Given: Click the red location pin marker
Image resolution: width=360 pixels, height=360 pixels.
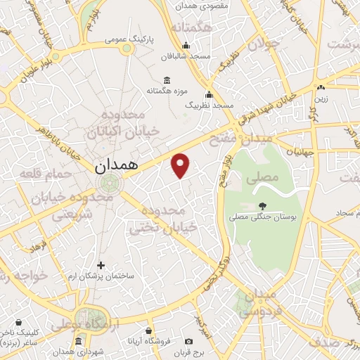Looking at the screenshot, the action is click(x=181, y=165).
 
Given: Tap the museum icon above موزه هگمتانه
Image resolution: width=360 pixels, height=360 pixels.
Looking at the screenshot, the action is click(x=166, y=79).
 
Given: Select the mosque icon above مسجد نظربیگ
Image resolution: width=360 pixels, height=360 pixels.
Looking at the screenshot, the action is click(x=209, y=94).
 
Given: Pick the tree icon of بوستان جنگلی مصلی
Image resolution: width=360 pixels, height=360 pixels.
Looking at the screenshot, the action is click(x=262, y=206).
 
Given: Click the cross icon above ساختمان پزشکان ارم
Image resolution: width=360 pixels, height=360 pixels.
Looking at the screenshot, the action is click(x=101, y=265).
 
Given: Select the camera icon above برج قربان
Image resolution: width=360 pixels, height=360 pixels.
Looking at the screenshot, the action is click(x=188, y=341).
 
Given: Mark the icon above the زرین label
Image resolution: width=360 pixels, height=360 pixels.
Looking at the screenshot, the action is click(x=321, y=88).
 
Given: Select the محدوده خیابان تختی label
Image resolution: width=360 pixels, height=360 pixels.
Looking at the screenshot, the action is click(x=164, y=219).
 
